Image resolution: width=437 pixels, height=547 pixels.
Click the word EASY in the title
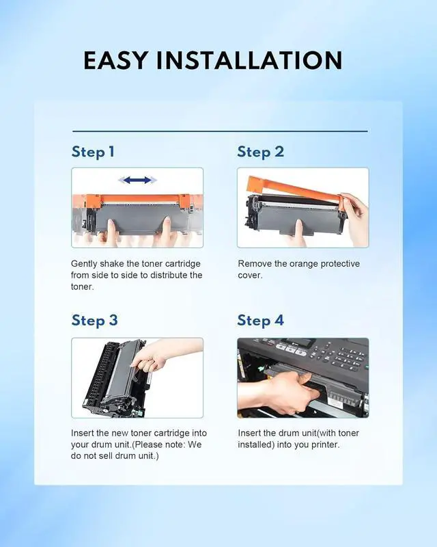tap(115, 60)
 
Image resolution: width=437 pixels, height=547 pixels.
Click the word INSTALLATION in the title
tap(249, 60)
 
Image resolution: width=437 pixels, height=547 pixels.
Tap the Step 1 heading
tap(93, 152)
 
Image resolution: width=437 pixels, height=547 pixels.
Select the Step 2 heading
tap(261, 152)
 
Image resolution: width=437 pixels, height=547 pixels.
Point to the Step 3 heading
tap(95, 321)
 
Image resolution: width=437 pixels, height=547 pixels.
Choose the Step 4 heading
tap(261, 321)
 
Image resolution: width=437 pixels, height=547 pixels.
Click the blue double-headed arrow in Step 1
tap(137, 180)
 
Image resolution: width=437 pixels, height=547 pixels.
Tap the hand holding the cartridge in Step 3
tap(164, 356)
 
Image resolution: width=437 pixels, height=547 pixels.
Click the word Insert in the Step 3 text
tap(82, 433)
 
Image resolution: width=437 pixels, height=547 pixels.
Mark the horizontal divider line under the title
tap(220, 131)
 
